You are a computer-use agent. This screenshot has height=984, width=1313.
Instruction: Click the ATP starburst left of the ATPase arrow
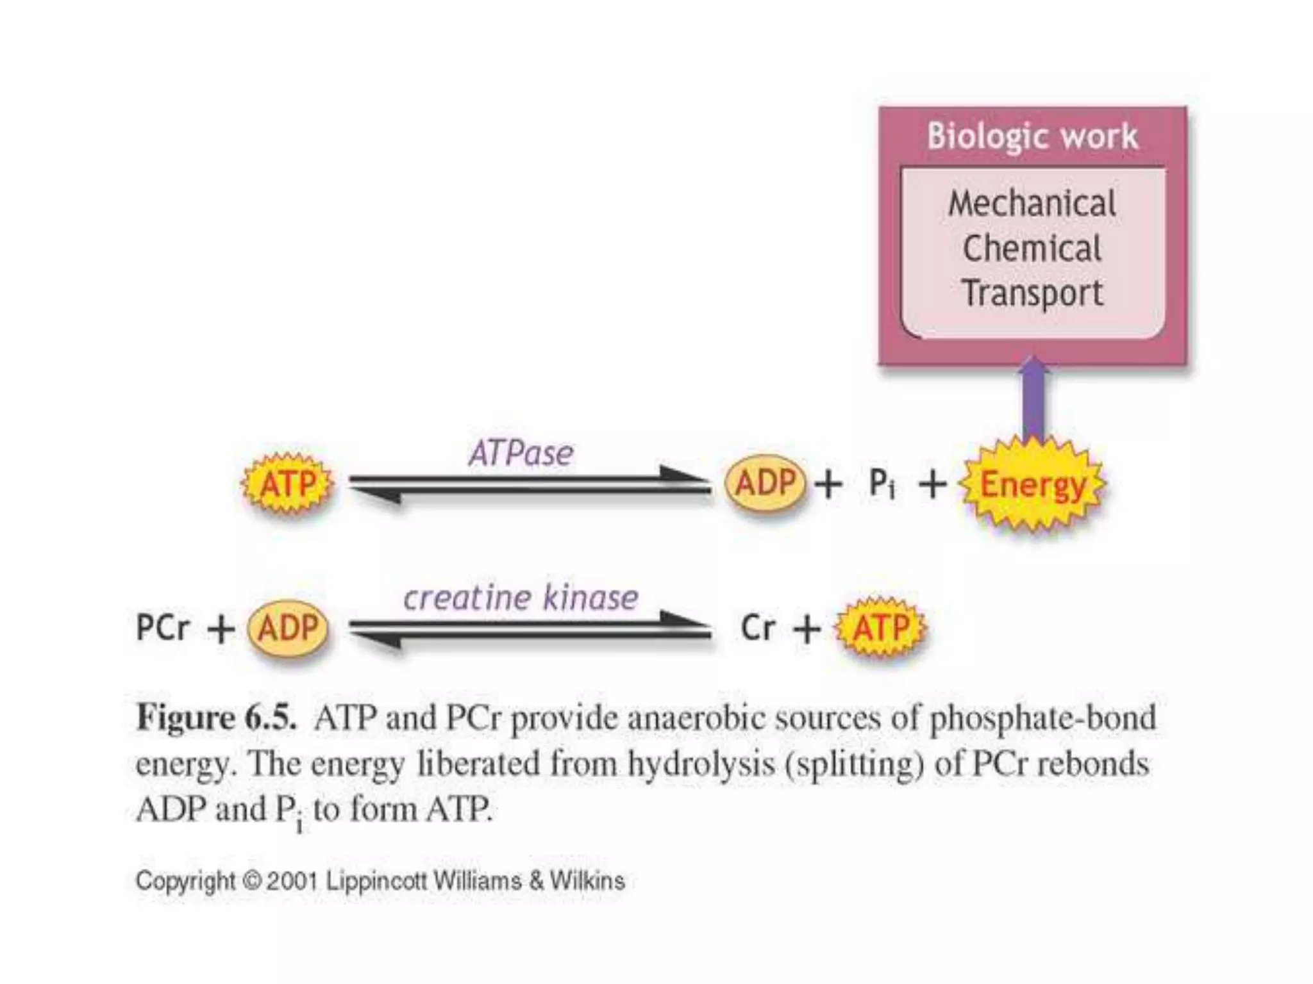288,484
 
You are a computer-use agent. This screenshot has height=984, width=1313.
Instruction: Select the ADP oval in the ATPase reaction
765,483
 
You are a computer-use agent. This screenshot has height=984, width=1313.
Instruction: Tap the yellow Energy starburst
1033,485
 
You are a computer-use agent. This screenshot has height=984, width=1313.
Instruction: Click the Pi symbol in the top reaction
882,484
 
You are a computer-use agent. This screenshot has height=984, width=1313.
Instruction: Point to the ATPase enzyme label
521,454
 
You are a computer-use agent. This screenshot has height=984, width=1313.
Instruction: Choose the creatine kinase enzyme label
521,598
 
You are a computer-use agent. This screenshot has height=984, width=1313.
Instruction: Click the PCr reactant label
163,627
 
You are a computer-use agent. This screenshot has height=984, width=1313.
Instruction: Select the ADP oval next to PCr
288,628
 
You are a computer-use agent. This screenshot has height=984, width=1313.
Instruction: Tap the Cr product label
758,628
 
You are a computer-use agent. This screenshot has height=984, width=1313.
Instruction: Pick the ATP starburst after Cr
881,628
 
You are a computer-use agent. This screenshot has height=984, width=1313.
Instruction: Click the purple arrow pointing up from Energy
1033,400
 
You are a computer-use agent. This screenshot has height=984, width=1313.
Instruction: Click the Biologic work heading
1032,136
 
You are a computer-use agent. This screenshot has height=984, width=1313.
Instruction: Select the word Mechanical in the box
1032,204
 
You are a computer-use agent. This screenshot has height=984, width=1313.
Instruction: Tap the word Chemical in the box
1032,249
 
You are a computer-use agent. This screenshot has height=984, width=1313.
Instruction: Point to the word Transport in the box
1032,293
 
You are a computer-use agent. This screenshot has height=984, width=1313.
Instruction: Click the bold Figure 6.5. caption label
217,717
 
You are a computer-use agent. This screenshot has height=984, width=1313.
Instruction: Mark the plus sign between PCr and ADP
221,629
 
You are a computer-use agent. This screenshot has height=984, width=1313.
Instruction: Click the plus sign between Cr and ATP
807,629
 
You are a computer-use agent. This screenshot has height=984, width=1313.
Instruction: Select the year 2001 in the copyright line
293,881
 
